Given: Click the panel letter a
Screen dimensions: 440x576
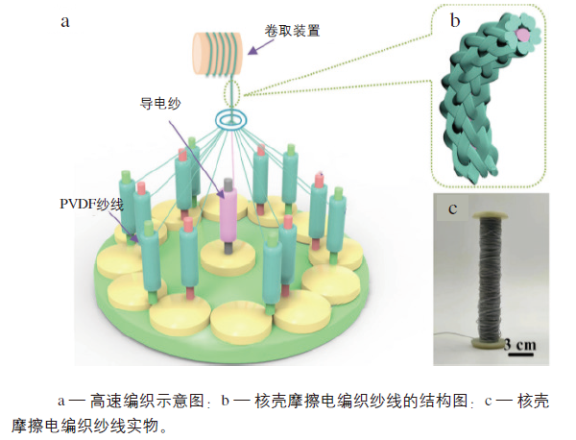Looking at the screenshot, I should click(x=64, y=20).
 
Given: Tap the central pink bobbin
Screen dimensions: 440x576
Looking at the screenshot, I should click(x=231, y=218).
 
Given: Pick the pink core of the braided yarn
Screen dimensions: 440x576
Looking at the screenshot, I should click(x=522, y=36).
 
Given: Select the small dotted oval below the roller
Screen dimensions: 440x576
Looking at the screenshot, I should click(x=231, y=94).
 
